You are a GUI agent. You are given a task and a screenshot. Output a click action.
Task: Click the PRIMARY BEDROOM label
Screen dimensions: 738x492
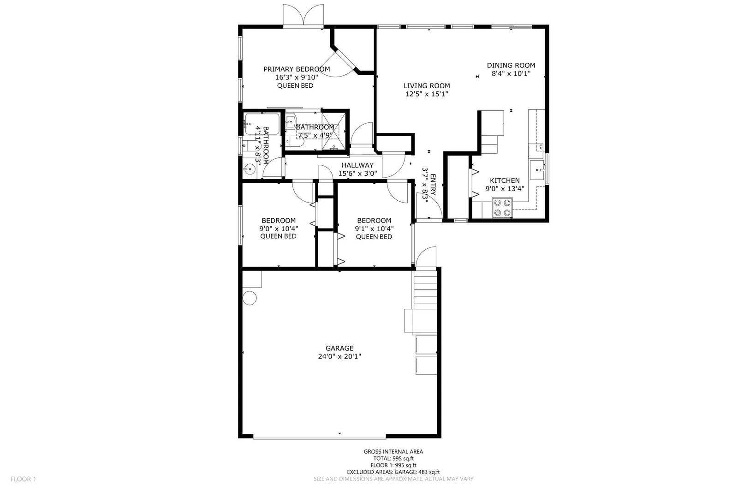point(297,69)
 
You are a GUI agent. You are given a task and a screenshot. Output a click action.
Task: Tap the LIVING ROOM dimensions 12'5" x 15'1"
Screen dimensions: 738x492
point(427,94)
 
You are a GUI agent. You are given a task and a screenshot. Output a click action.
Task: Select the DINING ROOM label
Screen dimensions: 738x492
point(511,65)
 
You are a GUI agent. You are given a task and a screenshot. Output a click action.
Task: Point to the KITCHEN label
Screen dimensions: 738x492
point(505,180)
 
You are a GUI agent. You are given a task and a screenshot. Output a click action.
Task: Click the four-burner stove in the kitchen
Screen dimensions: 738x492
point(502,208)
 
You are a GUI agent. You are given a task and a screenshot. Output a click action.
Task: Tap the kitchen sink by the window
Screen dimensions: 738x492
point(537,170)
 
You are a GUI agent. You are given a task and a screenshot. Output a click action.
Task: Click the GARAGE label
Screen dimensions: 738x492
point(339,348)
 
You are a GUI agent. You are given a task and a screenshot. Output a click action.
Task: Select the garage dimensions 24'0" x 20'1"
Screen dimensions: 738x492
point(339,356)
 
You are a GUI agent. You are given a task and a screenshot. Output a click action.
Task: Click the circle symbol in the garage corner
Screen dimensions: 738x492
point(250,298)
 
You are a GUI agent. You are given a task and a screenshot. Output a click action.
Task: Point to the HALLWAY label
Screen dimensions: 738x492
point(357,165)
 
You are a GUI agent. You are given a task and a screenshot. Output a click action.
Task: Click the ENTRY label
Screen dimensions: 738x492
point(433,185)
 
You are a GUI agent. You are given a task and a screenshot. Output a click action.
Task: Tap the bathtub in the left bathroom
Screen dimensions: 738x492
point(262,124)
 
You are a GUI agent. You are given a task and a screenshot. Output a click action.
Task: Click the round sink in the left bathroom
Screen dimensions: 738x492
point(250,169)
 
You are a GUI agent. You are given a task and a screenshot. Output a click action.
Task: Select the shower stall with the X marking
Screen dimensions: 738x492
point(334,131)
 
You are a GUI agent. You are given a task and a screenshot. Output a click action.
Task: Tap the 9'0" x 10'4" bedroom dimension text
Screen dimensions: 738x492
point(279,228)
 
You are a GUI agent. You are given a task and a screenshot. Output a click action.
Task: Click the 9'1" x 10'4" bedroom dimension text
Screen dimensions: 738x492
point(374,228)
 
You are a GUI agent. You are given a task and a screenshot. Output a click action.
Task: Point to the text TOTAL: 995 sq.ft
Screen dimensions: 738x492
point(393,458)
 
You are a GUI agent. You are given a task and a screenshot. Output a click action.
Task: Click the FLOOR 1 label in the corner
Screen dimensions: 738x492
point(23,479)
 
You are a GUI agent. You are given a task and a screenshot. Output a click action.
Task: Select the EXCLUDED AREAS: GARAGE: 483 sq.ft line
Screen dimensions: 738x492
point(393,472)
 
